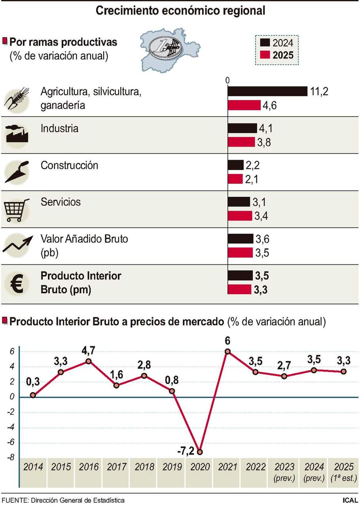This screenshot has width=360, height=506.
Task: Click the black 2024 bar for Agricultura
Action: point(267,91)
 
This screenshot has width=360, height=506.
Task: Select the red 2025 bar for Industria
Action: point(241,142)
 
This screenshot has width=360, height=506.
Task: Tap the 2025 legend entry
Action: point(277,55)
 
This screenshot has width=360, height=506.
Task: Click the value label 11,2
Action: point(319,92)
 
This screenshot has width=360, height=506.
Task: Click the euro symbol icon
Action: point(16,283)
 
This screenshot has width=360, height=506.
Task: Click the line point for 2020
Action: point(200,451)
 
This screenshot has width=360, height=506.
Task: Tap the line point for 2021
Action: point(227,351)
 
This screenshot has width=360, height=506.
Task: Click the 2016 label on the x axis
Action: point(89,466)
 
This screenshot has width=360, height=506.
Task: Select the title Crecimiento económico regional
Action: point(180,11)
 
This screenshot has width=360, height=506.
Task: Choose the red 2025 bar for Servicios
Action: point(240,216)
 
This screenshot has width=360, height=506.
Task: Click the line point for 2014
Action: point(33,395)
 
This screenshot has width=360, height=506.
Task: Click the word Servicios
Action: point(61,202)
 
